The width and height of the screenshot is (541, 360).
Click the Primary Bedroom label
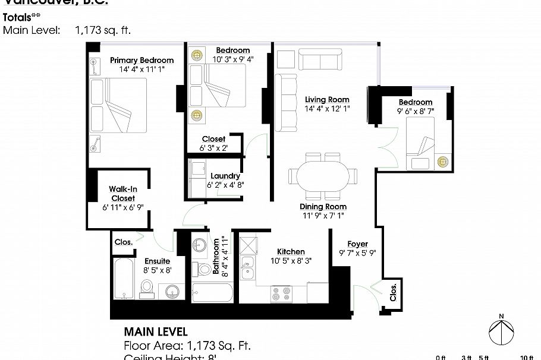pos(141,60)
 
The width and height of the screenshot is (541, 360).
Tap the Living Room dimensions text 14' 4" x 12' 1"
pos(326,109)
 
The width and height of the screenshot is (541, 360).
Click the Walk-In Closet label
pos(122,194)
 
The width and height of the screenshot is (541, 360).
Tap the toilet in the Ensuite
pos(147,288)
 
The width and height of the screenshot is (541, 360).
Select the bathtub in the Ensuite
pos(123,280)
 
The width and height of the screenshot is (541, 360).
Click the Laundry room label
pos(225,176)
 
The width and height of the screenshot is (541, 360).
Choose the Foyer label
pos(357,244)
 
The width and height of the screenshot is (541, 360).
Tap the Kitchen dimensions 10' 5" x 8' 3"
pos(291,260)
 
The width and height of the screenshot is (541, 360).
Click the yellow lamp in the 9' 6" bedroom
pos(442,161)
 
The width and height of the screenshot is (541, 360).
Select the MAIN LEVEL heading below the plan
pos(155,331)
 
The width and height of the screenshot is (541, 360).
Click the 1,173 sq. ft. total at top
pos(103,29)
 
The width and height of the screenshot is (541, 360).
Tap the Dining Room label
pos(322,207)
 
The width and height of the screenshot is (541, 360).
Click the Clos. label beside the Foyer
pos(394,292)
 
